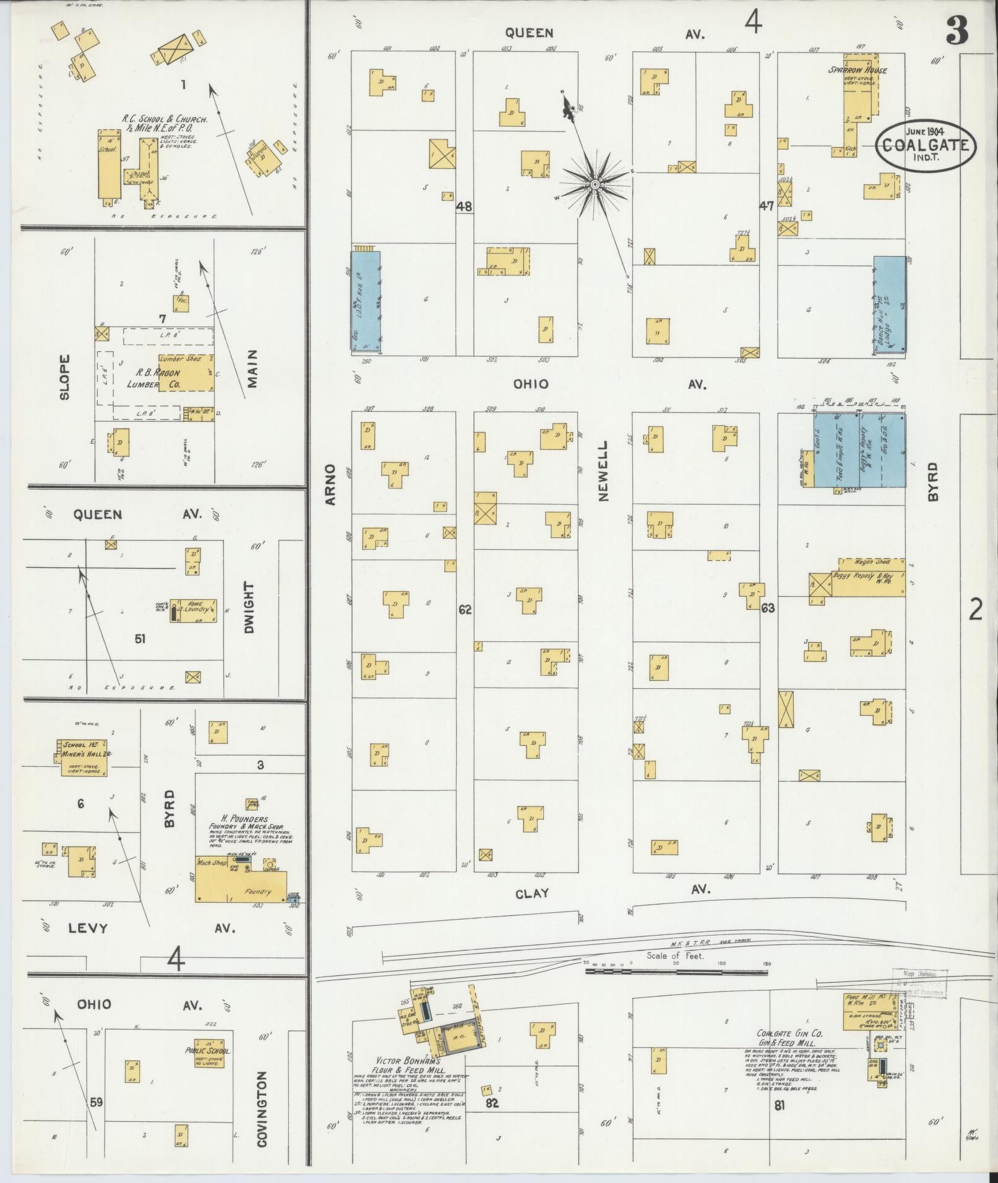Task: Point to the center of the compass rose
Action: coord(594,184)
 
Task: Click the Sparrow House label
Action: coord(858,70)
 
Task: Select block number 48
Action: coord(463,207)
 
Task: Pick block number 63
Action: coord(767,608)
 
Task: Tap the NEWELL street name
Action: coord(603,471)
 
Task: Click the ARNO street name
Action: coord(330,484)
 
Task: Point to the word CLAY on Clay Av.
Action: coord(532,893)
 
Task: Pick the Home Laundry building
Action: coord(194,610)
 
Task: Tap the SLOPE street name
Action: coord(66,377)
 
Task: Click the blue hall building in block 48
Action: coord(366,302)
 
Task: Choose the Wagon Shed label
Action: coord(872,562)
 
